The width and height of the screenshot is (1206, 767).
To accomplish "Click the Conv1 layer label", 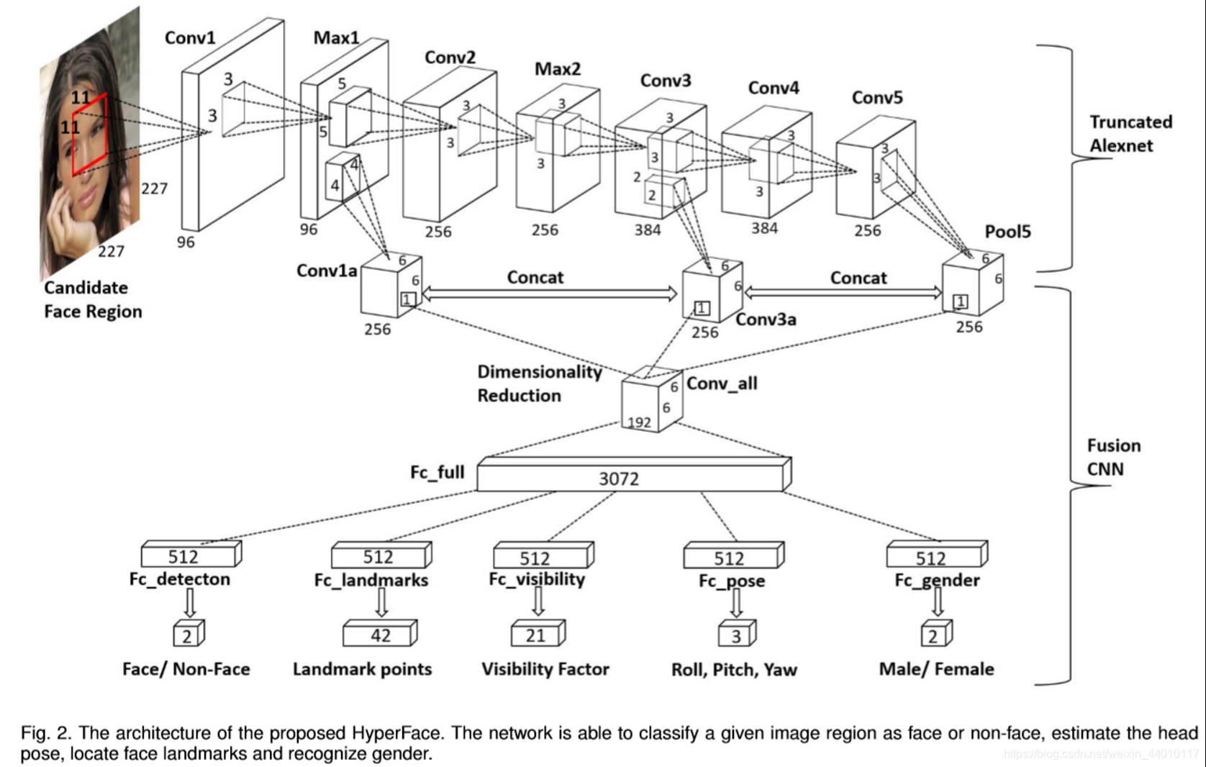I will [190, 37].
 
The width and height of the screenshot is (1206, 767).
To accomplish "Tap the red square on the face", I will [89, 134].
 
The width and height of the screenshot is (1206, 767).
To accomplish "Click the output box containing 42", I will [379, 635].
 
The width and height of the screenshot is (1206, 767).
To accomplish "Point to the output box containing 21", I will [536, 635].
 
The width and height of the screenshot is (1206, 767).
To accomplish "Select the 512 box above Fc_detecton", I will [189, 556].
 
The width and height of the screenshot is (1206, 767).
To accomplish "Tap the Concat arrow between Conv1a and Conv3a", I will [549, 293].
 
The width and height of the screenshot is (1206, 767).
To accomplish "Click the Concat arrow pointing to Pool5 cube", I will [843, 292].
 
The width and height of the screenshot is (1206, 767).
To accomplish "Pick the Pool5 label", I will [1007, 232].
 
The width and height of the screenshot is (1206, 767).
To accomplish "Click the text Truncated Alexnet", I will [1130, 134].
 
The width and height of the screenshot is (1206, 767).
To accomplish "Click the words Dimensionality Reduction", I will [538, 383].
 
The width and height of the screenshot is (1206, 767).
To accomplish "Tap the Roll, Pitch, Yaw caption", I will [733, 670].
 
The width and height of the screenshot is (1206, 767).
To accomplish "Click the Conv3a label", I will [766, 319].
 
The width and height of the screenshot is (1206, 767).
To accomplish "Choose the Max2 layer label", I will [557, 69].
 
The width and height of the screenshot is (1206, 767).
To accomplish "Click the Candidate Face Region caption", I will [92, 299].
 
